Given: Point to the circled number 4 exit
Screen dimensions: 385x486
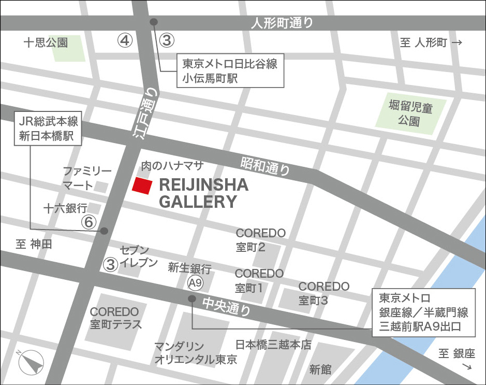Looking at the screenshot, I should point(125,40).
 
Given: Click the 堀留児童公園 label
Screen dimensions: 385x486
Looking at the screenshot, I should point(411,115).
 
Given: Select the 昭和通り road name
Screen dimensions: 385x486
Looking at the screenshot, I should point(264,166).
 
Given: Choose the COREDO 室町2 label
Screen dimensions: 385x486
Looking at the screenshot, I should point(261,240).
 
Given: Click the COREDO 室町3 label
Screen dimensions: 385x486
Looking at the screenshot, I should point(324,293).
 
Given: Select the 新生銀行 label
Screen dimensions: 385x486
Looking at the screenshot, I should point(189,268).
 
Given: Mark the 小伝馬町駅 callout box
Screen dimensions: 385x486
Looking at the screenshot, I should point(230,71).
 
